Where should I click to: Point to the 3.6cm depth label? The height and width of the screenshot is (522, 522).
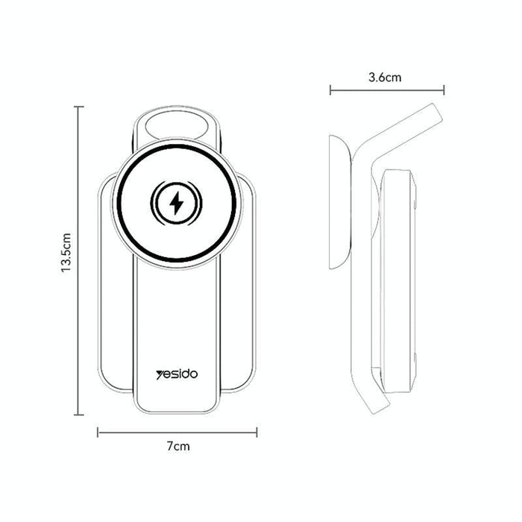tap(386, 77)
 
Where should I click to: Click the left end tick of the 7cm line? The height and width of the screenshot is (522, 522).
tap(98, 431)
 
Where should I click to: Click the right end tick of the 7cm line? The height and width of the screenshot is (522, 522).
tap(257, 431)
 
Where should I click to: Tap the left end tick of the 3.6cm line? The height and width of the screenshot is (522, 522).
tap(330, 90)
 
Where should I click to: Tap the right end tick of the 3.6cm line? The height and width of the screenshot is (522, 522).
tap(444, 90)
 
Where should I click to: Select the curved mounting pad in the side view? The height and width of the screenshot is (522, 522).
tap(340, 201)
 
